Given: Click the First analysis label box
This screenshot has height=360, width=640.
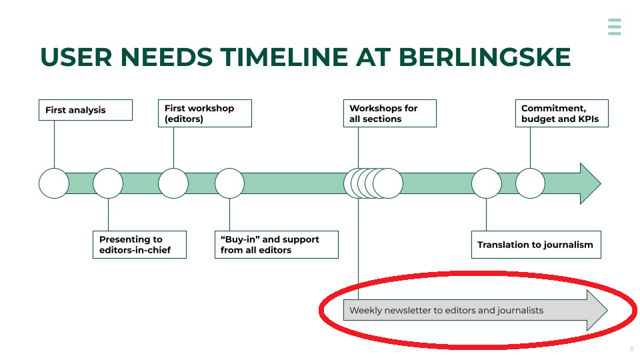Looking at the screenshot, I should point(85,110).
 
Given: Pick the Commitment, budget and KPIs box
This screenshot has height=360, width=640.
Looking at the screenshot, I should point(561,113).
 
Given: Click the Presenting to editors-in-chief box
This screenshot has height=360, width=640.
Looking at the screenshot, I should point(139,245).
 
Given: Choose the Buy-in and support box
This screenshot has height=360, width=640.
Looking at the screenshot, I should point(276,245).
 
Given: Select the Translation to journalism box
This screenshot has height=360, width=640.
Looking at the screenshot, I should point(535,245).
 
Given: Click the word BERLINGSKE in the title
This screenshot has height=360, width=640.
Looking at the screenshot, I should point(485,58).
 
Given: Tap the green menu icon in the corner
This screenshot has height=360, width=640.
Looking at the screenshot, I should point(614,27).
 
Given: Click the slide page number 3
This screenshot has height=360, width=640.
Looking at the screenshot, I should point(631,349).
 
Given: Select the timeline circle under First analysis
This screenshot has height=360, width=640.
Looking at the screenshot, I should point(54,183).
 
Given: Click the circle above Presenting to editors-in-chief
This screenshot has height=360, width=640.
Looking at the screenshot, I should point(108,183).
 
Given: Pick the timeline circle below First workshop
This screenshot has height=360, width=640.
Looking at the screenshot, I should point(173,183).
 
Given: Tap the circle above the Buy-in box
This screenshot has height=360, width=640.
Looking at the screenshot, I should point(229,183).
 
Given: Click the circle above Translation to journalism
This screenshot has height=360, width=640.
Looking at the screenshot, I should point(486,183).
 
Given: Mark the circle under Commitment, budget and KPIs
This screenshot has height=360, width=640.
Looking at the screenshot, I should point(531,183).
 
